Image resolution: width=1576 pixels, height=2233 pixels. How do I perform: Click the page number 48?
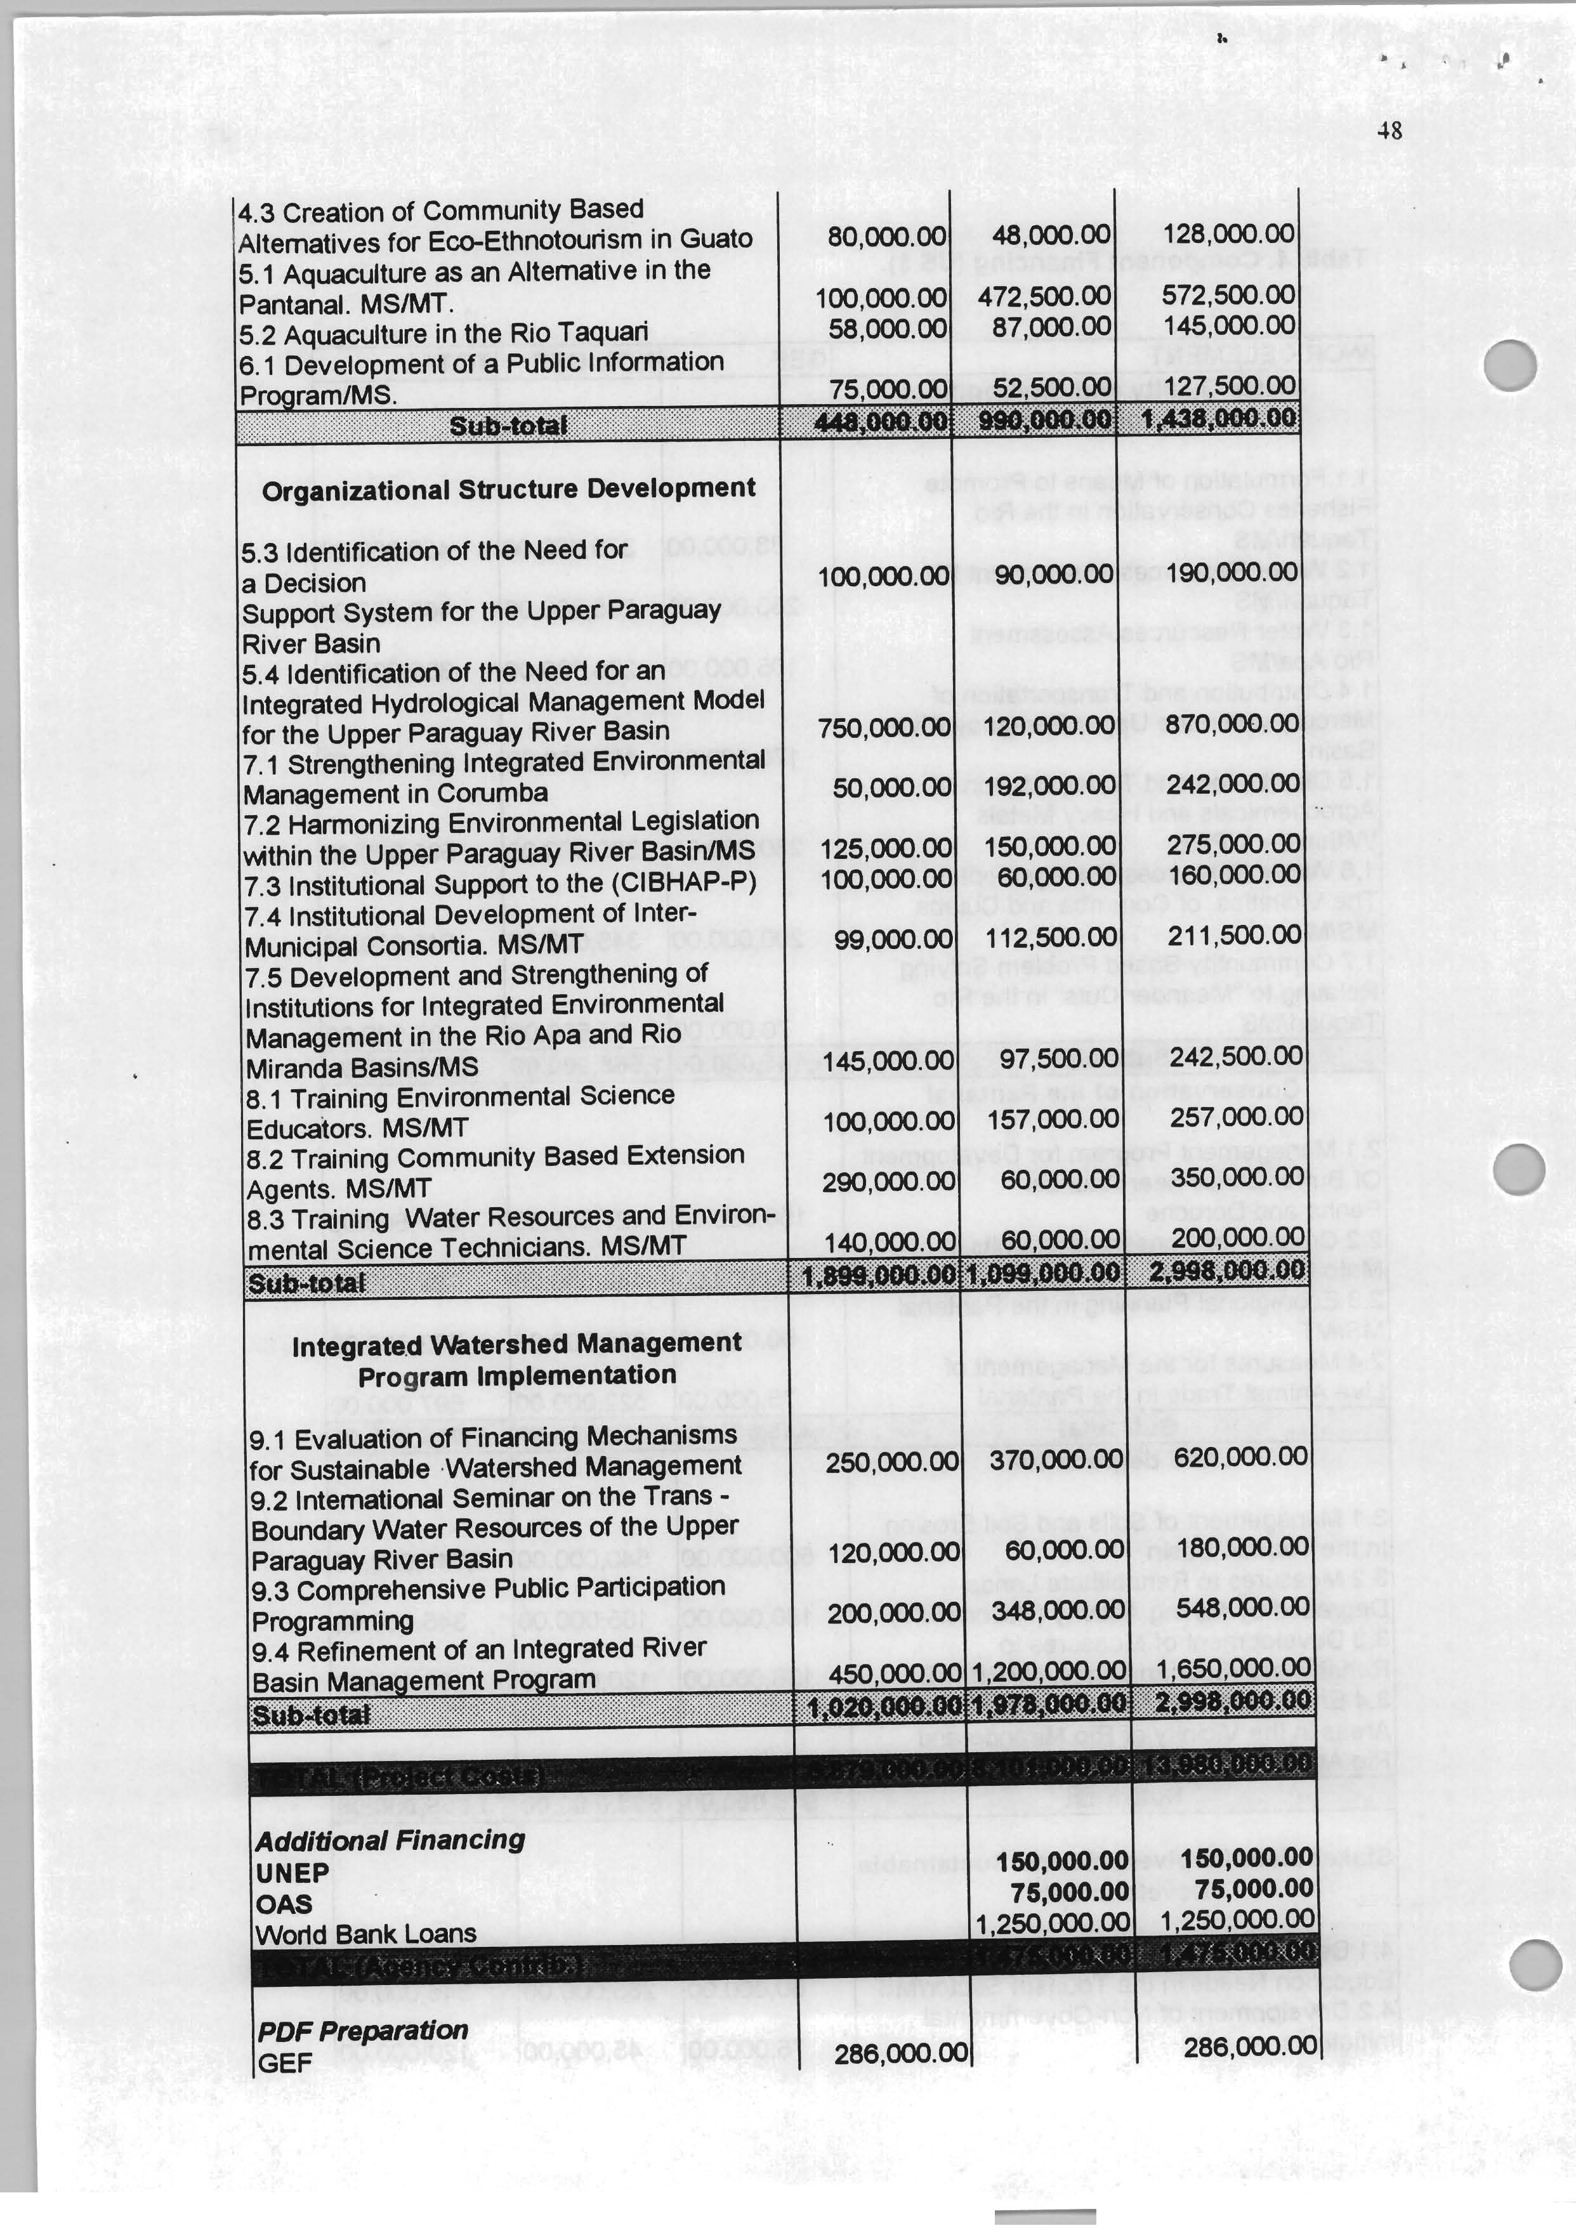coord(1389,129)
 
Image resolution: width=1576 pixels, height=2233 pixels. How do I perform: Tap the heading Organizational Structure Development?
coord(508,488)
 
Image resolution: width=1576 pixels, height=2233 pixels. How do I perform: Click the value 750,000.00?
coord(883,726)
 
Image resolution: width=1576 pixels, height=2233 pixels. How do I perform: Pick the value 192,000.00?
coord(1049,785)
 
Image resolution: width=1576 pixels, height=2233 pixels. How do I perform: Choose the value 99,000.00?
coord(894,938)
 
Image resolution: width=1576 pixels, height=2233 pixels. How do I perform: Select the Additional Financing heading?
coord(389,1840)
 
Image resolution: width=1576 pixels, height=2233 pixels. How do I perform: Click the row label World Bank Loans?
coord(366,1934)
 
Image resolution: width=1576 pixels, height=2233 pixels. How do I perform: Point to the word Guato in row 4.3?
coord(716,239)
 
